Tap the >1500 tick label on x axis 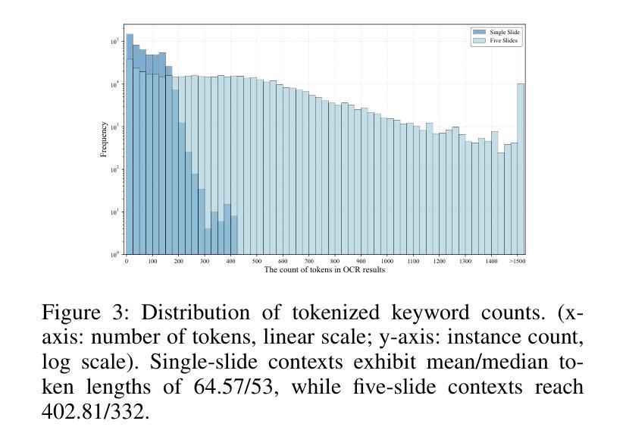pyautogui.click(x=517, y=262)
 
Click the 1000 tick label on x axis pyautogui.click(x=387, y=262)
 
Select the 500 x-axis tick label pyautogui.click(x=256, y=262)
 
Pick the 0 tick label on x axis pyautogui.click(x=127, y=262)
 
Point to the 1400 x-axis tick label pyautogui.click(x=490, y=262)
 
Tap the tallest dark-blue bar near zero pyautogui.click(x=130, y=144)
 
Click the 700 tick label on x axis pyautogui.click(x=308, y=262)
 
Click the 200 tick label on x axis pyautogui.click(x=178, y=262)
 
